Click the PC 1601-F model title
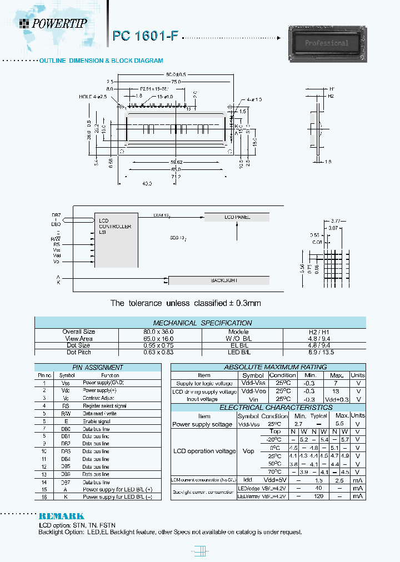pyautogui.click(x=146, y=36)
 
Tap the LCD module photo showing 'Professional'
pyautogui.click(x=327, y=43)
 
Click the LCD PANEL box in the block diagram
pyautogui.click(x=238, y=217)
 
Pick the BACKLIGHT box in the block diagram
pyautogui.click(x=224, y=280)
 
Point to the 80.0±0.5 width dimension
pyautogui.click(x=176, y=74)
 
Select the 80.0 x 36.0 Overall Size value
pyautogui.click(x=159, y=332)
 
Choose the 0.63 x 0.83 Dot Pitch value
pyautogui.click(x=159, y=352)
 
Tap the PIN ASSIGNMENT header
pyautogui.click(x=98, y=367)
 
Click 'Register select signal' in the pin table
pyautogui.click(x=106, y=405)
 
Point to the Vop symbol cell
pyautogui.click(x=248, y=451)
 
